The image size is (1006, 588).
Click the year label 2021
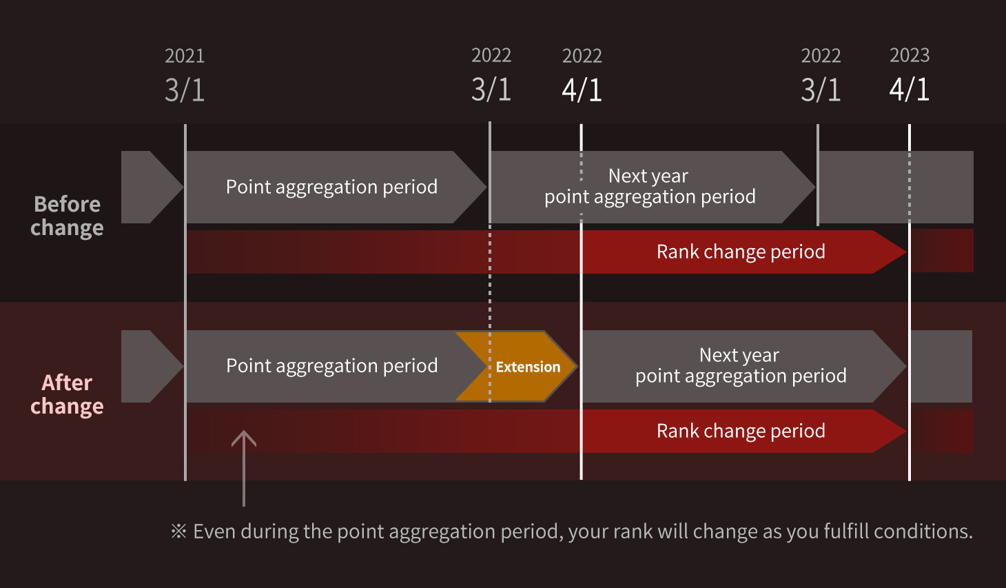click(x=185, y=56)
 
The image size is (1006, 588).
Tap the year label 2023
click(x=910, y=55)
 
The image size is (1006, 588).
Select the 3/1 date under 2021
click(x=185, y=90)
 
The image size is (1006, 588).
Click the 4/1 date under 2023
click(x=910, y=90)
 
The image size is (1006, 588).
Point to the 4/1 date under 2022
click(x=582, y=90)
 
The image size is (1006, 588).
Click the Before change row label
click(x=67, y=216)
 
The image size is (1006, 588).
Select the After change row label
click(x=67, y=395)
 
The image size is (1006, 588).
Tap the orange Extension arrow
click(x=517, y=366)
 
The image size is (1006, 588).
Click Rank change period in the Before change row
click(x=741, y=252)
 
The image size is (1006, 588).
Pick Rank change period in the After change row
click(x=741, y=431)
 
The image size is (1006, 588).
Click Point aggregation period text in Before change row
click(x=331, y=187)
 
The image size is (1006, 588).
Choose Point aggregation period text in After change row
click(x=331, y=365)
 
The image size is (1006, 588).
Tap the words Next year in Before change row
click(x=648, y=176)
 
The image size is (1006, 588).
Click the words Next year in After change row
click(x=739, y=355)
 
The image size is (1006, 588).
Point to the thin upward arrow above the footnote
click(x=244, y=468)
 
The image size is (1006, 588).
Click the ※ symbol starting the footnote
click(x=178, y=531)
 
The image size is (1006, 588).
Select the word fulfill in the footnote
click(x=848, y=531)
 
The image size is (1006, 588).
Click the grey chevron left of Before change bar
click(x=152, y=187)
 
